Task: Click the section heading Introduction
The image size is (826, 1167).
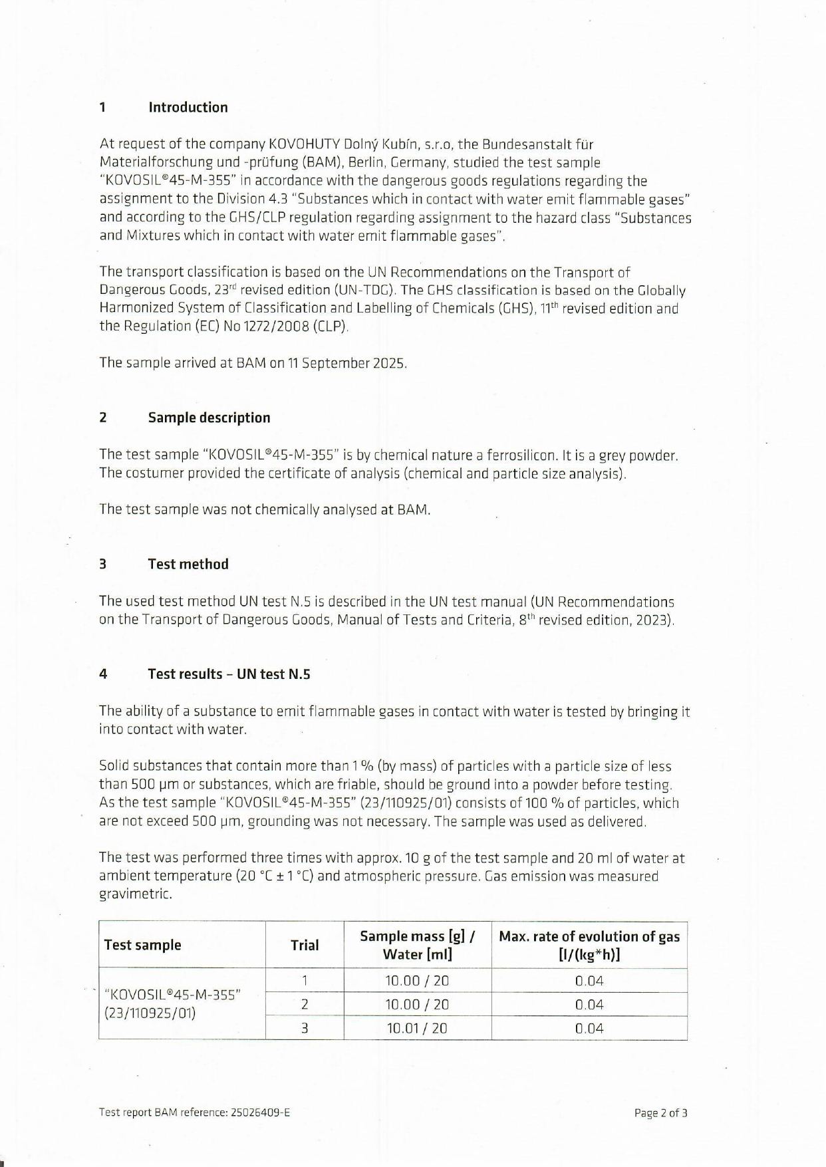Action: click(x=188, y=108)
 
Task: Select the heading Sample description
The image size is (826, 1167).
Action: click(x=209, y=418)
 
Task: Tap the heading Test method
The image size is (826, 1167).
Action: click(x=188, y=564)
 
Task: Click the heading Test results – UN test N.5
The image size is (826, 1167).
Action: click(x=229, y=674)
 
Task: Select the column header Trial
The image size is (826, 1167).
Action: click(x=305, y=945)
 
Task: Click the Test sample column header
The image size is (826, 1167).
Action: click(x=142, y=945)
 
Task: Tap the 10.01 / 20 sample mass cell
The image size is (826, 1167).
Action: click(x=417, y=1028)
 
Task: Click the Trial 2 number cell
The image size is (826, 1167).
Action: click(x=305, y=1004)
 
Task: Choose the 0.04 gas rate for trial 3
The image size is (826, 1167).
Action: click(x=589, y=1028)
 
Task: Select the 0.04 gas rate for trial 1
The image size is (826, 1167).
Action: click(x=589, y=981)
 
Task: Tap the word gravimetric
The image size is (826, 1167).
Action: click(x=136, y=894)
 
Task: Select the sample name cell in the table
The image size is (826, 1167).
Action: click(x=173, y=1004)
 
